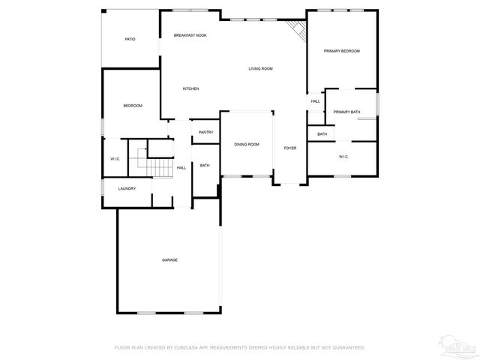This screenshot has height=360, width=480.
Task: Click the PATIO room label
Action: (130, 39)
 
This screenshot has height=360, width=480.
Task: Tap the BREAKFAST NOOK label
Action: (190, 35)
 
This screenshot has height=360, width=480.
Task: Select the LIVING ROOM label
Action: (260, 69)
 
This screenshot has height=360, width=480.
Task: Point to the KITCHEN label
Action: (190, 89)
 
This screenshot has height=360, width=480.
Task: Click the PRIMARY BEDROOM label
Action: (341, 51)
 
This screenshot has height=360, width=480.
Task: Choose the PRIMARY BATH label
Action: (346, 112)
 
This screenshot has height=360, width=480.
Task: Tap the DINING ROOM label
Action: (246, 144)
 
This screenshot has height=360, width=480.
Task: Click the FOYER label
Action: (289, 148)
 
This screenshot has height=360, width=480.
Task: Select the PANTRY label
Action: (205, 133)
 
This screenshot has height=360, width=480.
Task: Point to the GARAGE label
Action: (169, 260)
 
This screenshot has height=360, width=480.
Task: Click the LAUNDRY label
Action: (127, 188)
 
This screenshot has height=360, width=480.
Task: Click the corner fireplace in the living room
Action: (298, 31)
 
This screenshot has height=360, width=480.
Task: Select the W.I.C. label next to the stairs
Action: (115, 158)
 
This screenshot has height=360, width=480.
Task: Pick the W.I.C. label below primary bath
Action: (343, 157)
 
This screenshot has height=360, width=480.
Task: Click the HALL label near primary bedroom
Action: (315, 101)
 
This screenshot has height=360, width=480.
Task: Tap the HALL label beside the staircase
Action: (181, 168)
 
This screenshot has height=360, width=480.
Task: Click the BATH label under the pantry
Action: (205, 166)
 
